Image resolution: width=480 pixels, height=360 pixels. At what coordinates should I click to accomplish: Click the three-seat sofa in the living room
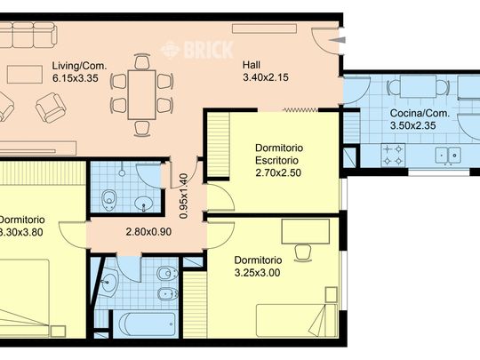(x=30, y=36)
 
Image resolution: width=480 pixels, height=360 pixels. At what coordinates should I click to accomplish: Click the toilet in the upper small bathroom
(x=109, y=197)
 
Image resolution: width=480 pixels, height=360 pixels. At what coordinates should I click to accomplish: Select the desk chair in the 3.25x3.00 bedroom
(x=302, y=251)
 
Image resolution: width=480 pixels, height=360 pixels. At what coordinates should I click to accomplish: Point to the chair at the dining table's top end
(x=141, y=61)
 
